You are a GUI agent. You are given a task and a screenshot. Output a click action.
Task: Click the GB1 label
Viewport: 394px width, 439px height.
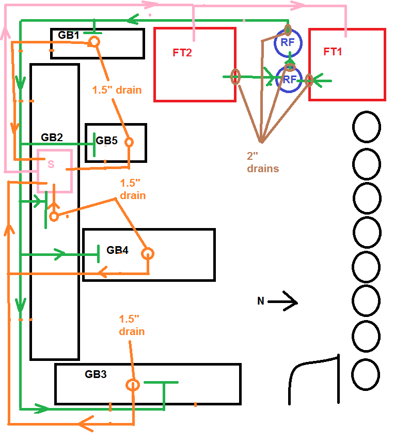(69, 36)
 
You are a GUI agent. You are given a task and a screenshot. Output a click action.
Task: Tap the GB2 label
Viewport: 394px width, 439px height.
(52, 138)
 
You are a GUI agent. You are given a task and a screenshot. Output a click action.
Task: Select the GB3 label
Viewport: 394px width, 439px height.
(96, 374)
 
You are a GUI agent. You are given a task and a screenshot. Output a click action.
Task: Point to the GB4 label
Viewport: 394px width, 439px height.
(117, 250)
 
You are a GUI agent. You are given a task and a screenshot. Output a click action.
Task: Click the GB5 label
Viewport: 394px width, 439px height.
(107, 141)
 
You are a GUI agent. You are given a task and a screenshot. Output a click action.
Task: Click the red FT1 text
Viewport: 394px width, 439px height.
(333, 52)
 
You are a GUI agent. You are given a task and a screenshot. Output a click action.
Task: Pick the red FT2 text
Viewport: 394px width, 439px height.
(182, 52)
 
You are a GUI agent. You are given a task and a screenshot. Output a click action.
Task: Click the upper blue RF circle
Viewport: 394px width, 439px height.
(288, 43)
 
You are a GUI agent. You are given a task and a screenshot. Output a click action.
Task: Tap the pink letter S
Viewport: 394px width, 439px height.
(51, 164)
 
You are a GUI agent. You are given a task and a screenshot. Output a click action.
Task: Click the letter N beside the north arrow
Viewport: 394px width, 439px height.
(261, 301)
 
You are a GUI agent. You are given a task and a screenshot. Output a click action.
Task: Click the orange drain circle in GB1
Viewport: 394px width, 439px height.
(94, 41)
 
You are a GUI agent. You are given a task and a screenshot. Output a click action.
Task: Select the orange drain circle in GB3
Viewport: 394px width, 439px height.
(133, 385)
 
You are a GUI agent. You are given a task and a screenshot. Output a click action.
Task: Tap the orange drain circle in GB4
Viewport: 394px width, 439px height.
(148, 254)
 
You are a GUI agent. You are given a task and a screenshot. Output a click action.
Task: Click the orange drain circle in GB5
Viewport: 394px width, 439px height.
(129, 142)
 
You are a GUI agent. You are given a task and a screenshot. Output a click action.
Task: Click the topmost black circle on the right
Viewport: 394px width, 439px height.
(367, 127)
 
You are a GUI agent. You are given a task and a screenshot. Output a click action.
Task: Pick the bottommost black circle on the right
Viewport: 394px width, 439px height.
(367, 373)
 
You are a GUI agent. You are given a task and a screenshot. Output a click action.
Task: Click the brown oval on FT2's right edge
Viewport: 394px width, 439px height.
(235, 77)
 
